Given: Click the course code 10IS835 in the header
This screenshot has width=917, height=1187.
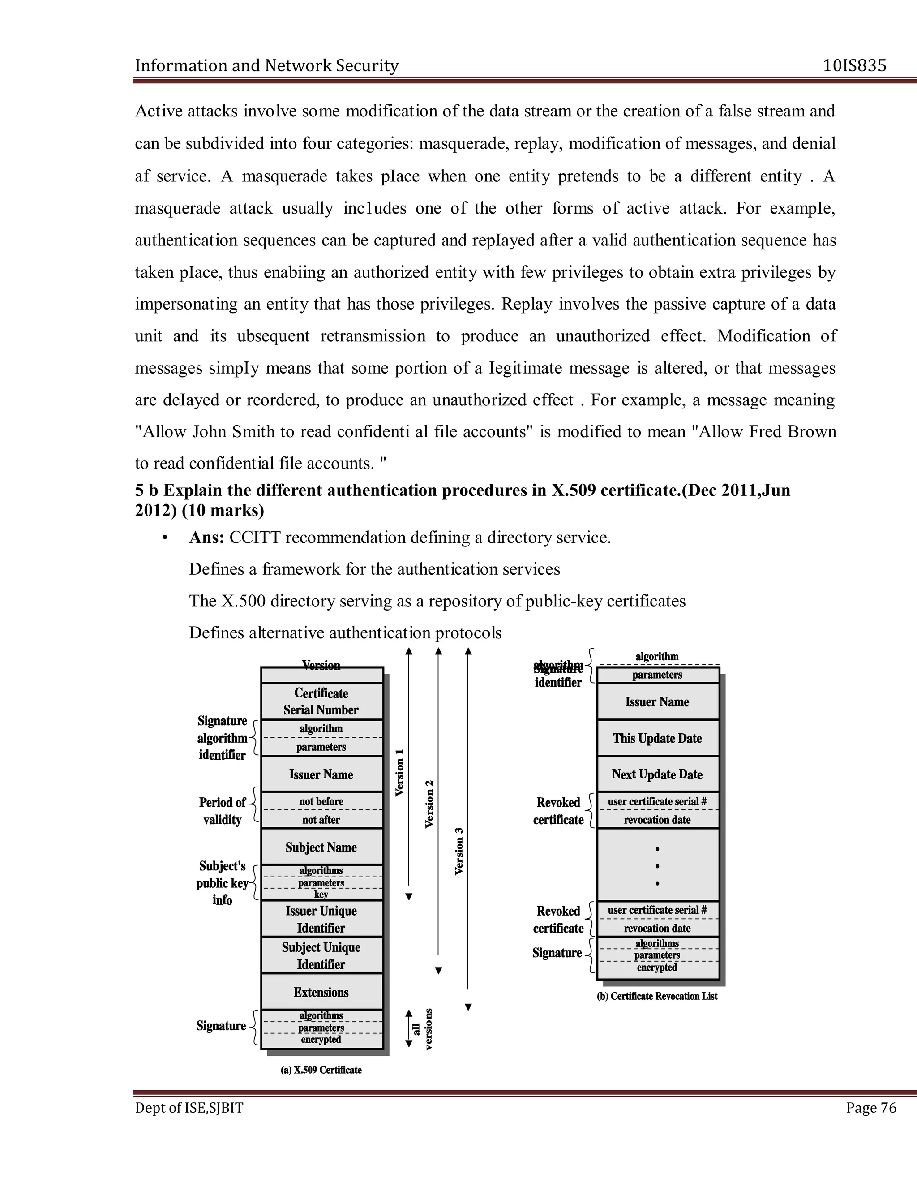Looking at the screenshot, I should (854, 66).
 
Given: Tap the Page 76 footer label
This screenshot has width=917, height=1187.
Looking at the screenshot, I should (871, 1108).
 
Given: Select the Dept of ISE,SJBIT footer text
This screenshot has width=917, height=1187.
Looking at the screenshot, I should (189, 1108).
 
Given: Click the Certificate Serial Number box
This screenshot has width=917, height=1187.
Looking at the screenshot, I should (321, 701).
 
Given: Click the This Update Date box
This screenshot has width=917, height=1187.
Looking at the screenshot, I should (657, 738).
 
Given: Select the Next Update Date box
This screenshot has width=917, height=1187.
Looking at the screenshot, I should (657, 774).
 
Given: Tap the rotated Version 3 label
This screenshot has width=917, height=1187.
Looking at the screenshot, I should (459, 851).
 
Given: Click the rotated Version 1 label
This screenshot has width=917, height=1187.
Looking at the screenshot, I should (400, 772).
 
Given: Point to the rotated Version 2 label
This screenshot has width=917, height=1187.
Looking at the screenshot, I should (429, 804).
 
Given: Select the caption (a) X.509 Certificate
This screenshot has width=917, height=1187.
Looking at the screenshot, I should (321, 1070).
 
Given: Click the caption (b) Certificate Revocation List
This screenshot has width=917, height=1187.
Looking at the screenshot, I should (657, 996).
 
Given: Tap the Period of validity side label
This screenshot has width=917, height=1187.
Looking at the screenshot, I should (222, 811).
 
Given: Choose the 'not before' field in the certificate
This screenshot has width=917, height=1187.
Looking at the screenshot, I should (321, 801).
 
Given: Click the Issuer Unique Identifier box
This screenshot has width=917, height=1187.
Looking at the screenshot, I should (321, 919).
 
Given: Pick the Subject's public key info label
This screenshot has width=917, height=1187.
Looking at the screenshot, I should (222, 883).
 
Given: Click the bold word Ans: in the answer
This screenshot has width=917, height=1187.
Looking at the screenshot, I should (206, 538).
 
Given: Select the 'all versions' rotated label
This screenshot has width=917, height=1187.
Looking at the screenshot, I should (422, 1029).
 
